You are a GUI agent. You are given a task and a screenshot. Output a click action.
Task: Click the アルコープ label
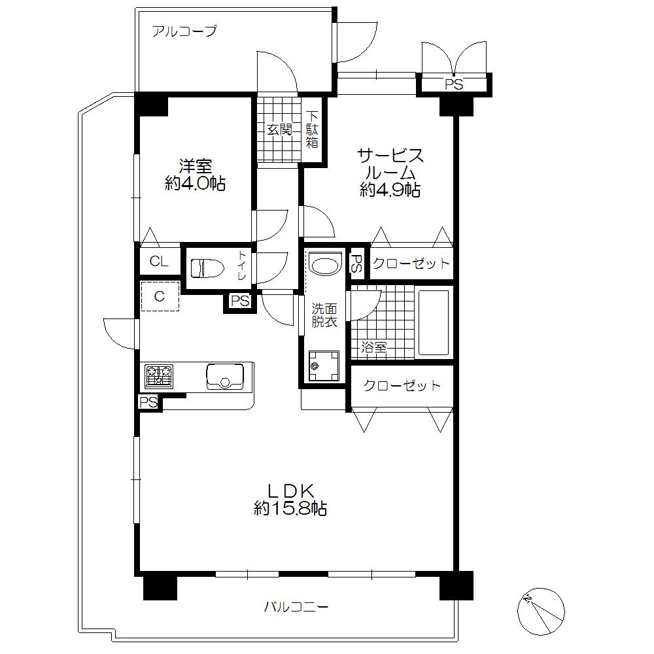pyautogui.click(x=184, y=31)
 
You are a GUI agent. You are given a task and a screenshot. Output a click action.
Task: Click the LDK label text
pyautogui.click(x=291, y=490)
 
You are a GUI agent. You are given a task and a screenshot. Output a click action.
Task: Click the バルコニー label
pyautogui.click(x=296, y=607)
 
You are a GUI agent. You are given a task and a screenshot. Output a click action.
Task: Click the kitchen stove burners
pyautogui.click(x=159, y=375)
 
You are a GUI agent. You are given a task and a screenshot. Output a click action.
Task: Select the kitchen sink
pyautogui.click(x=225, y=377)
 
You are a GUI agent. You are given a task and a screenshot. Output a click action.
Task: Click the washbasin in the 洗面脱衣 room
pyautogui.click(x=324, y=265)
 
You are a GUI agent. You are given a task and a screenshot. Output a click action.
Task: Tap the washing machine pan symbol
pyautogui.click(x=324, y=366)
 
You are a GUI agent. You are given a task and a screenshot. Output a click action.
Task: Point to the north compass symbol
pyautogui.click(x=540, y=610)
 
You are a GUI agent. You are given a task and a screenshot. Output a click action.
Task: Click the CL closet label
pyautogui.click(x=159, y=262)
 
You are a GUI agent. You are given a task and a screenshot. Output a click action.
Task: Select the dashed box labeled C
pyautogui.click(x=160, y=296)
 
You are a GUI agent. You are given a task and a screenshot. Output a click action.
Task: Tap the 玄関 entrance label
pyautogui.click(x=279, y=129)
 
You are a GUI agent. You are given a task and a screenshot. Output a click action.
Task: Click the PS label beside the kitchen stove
pyautogui.click(x=148, y=402)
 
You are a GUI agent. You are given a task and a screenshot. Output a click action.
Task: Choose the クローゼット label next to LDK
pyautogui.click(x=402, y=386)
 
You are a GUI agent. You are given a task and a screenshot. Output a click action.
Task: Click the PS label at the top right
pyautogui.click(x=454, y=84)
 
